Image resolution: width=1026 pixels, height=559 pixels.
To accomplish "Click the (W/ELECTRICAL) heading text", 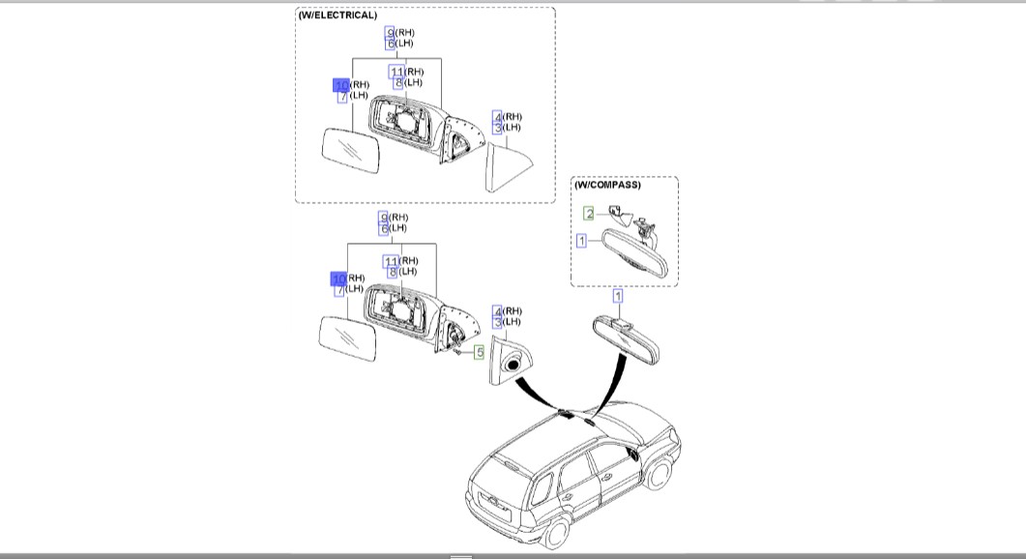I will click(x=337, y=15).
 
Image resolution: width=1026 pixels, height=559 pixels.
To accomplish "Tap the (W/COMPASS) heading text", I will click(x=607, y=185).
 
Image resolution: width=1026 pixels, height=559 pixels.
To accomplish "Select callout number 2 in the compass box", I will click(x=589, y=214).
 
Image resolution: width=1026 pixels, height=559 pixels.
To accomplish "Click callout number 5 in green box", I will click(x=479, y=353).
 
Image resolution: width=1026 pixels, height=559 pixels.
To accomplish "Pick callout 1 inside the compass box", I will click(x=581, y=240).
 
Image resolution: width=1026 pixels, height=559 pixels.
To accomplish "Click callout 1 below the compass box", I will click(x=618, y=296).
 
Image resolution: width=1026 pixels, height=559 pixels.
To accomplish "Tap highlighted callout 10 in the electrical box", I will click(x=340, y=85).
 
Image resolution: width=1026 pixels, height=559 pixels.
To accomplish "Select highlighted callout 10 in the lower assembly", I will click(x=338, y=279).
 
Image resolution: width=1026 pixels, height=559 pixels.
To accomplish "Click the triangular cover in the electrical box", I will click(x=508, y=165).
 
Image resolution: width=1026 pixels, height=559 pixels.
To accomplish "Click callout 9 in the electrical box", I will click(x=390, y=33).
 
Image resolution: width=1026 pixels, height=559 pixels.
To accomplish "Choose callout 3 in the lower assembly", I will click(x=498, y=322).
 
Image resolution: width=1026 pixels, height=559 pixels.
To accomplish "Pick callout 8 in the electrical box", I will click(x=396, y=83).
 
